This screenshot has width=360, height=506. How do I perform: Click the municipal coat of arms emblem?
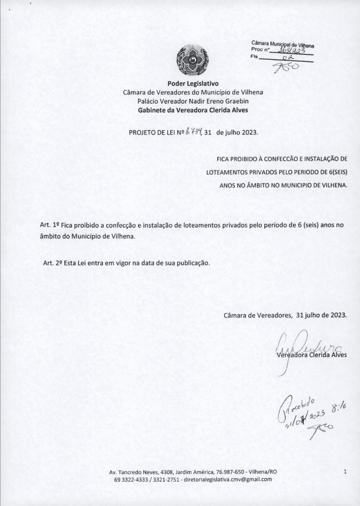click(189, 60)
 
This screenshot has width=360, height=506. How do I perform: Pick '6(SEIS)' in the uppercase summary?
click(336, 172)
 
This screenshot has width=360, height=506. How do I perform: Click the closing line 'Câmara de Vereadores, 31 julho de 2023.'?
click(285, 315)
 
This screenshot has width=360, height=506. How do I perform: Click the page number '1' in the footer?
click(344, 472)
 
